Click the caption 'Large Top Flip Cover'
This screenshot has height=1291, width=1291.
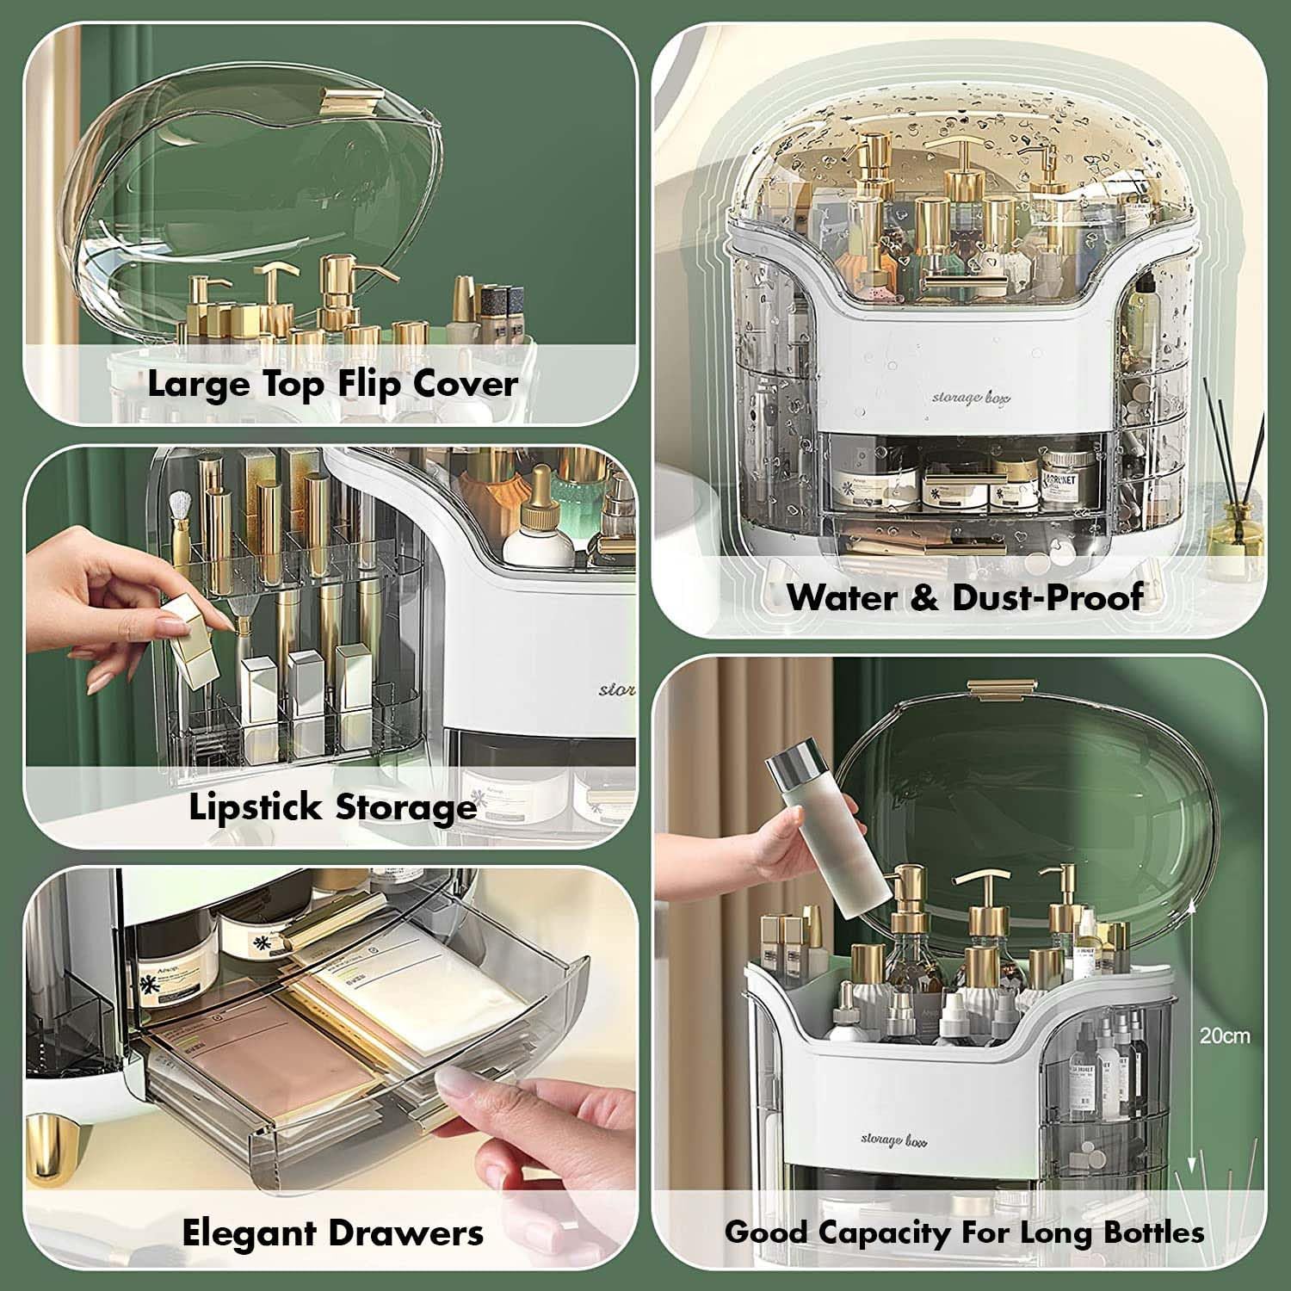pos(332,384)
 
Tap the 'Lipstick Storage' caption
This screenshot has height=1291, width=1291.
pos(332,807)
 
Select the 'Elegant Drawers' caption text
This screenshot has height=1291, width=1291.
pos(332,1232)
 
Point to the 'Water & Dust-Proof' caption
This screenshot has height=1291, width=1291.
pos(965,596)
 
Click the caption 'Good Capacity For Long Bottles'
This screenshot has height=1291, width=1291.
pos(964,1232)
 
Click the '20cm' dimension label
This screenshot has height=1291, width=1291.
pos(1224,1035)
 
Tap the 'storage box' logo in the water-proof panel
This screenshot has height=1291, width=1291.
pos(971,398)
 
